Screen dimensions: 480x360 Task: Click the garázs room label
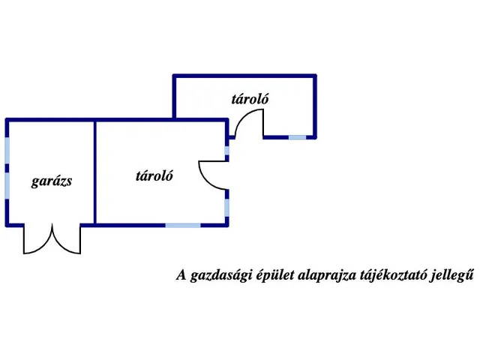pos(52,181)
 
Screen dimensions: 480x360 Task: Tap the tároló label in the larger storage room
pos(154,176)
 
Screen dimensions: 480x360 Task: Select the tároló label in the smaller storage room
pos(250,99)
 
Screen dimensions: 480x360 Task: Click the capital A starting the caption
pos(181,274)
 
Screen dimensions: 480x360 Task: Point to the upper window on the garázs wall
pos(7,150)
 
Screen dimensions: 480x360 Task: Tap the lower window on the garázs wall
pos(7,186)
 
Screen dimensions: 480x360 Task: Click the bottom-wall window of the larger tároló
pos(183,226)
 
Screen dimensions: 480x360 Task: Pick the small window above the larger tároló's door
pos(226,151)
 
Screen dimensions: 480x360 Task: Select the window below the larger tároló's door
pos(226,208)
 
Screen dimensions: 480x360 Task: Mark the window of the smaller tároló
pos(297,137)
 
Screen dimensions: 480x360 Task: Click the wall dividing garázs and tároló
pos(95,172)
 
